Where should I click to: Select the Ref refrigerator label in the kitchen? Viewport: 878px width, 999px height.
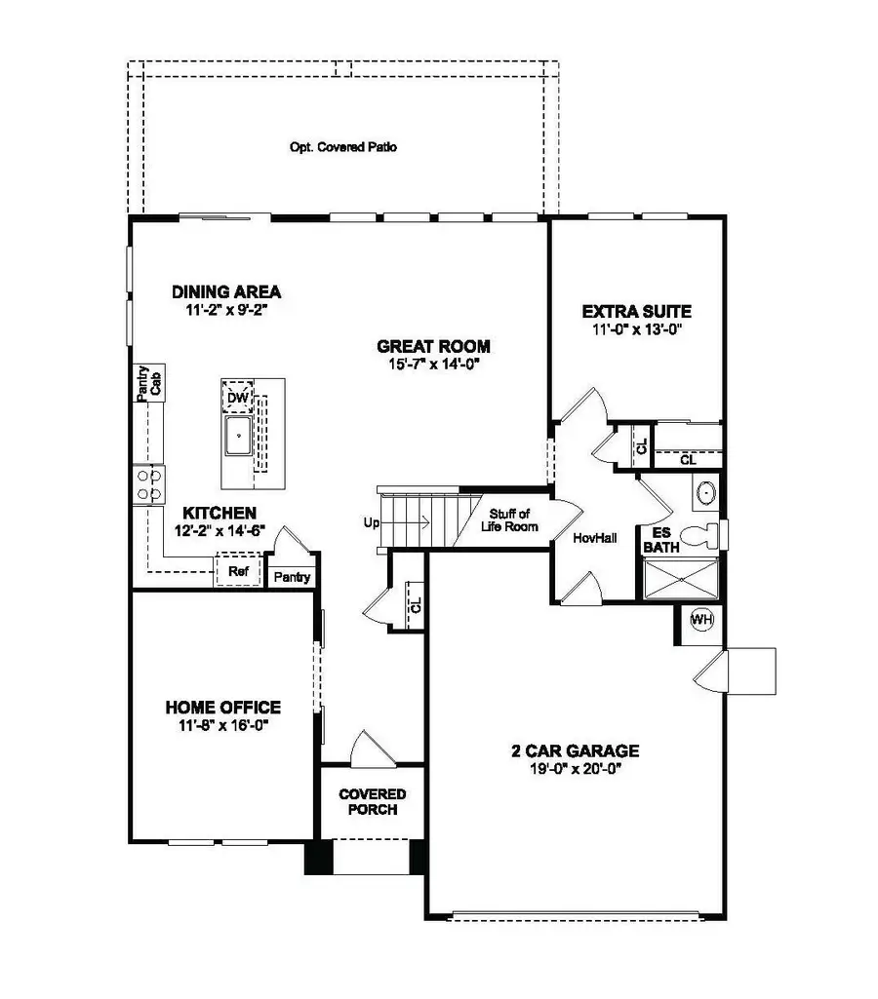pos(237,571)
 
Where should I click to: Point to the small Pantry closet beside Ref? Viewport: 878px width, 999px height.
pos(292,577)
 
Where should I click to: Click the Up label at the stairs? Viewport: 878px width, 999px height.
pos(371,522)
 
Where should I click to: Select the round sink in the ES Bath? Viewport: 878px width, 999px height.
pos(706,493)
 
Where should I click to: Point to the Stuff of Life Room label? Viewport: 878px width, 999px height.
pos(509,520)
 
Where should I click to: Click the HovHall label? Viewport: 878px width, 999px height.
pos(595,537)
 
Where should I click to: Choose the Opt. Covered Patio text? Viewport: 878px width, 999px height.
pos(343,148)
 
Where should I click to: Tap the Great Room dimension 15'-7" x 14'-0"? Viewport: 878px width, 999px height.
pos(433,365)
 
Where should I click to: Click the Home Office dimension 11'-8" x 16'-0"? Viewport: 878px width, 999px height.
pos(222,725)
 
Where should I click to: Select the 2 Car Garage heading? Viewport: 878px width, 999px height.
pos(575,750)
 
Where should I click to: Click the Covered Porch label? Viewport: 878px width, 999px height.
pos(372,802)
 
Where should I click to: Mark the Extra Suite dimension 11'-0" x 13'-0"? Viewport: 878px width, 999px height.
pos(636,329)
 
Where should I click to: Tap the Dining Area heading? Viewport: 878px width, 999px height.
pos(226,291)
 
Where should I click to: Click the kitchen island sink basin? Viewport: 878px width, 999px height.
pos(238,436)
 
